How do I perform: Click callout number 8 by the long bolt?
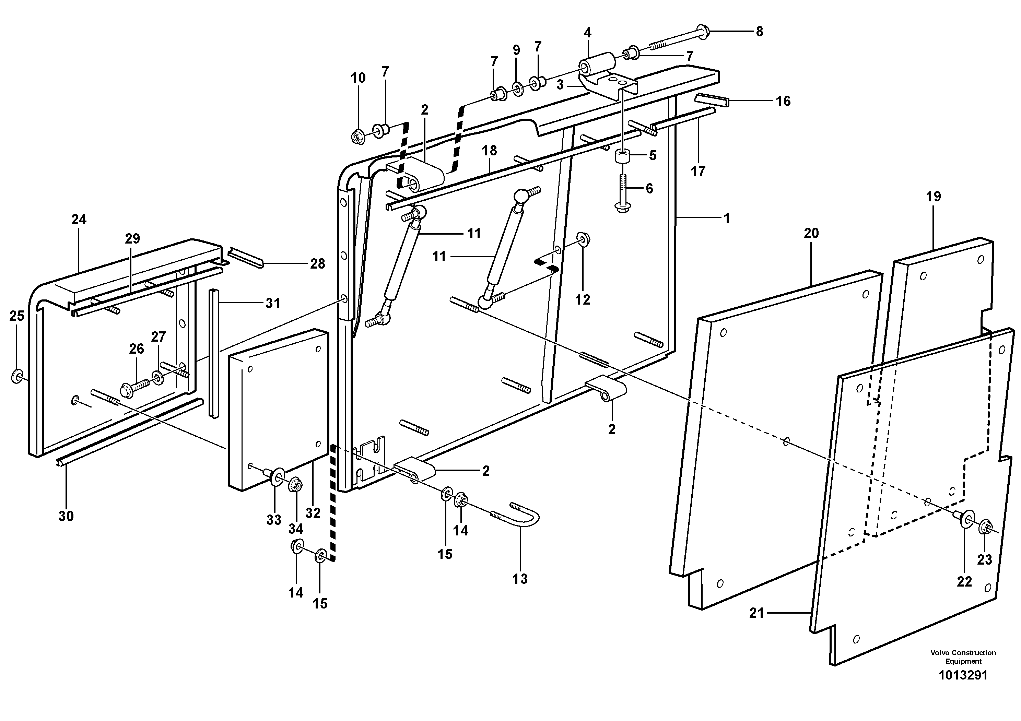[x=759, y=32]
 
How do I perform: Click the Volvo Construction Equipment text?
[x=963, y=657]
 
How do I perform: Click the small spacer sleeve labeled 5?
[x=623, y=157]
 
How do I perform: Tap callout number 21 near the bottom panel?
[x=756, y=613]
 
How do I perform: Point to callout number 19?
[x=934, y=196]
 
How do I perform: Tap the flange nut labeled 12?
[x=583, y=239]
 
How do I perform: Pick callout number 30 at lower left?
[x=66, y=516]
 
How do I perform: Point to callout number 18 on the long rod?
[x=489, y=150]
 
